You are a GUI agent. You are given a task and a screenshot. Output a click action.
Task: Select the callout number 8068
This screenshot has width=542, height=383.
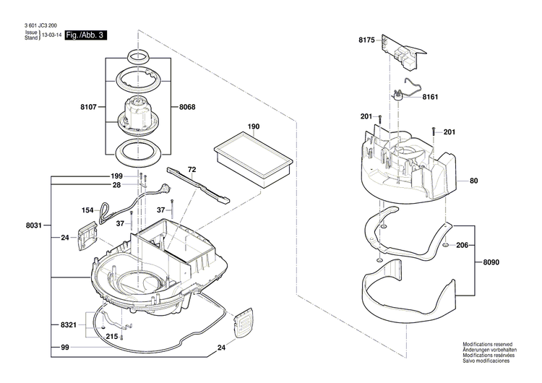[x=186, y=108]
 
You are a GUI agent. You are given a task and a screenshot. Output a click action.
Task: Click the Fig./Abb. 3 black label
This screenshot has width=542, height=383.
[x=86, y=35]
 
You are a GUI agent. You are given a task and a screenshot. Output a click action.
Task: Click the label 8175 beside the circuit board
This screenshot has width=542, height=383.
[x=366, y=41]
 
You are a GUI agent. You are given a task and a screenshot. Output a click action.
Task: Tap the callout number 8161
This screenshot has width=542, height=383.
[x=431, y=96]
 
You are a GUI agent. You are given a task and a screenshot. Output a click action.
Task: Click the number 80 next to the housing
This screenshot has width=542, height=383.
[x=474, y=181]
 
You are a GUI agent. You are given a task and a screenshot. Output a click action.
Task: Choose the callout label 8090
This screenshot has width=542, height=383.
[x=491, y=262]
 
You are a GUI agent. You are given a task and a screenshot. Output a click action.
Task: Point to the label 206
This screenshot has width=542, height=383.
[x=463, y=246]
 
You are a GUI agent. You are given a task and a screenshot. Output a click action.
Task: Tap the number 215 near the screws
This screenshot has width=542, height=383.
[x=112, y=337]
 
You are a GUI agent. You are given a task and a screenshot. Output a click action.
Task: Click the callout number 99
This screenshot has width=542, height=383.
[x=64, y=349]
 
